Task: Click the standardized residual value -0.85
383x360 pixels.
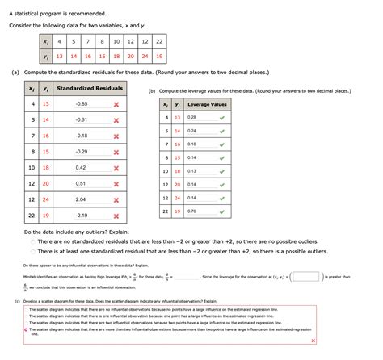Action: pos(81,104)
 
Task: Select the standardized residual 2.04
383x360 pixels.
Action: pos(81,199)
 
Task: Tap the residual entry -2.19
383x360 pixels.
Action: pos(81,216)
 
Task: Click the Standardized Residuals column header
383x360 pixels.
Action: pos(90,88)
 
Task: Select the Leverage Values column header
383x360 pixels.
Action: pos(207,104)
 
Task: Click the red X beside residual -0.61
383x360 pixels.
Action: pos(116,119)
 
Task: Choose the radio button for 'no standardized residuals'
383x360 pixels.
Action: pos(32,242)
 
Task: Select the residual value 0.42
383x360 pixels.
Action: pos(81,167)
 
